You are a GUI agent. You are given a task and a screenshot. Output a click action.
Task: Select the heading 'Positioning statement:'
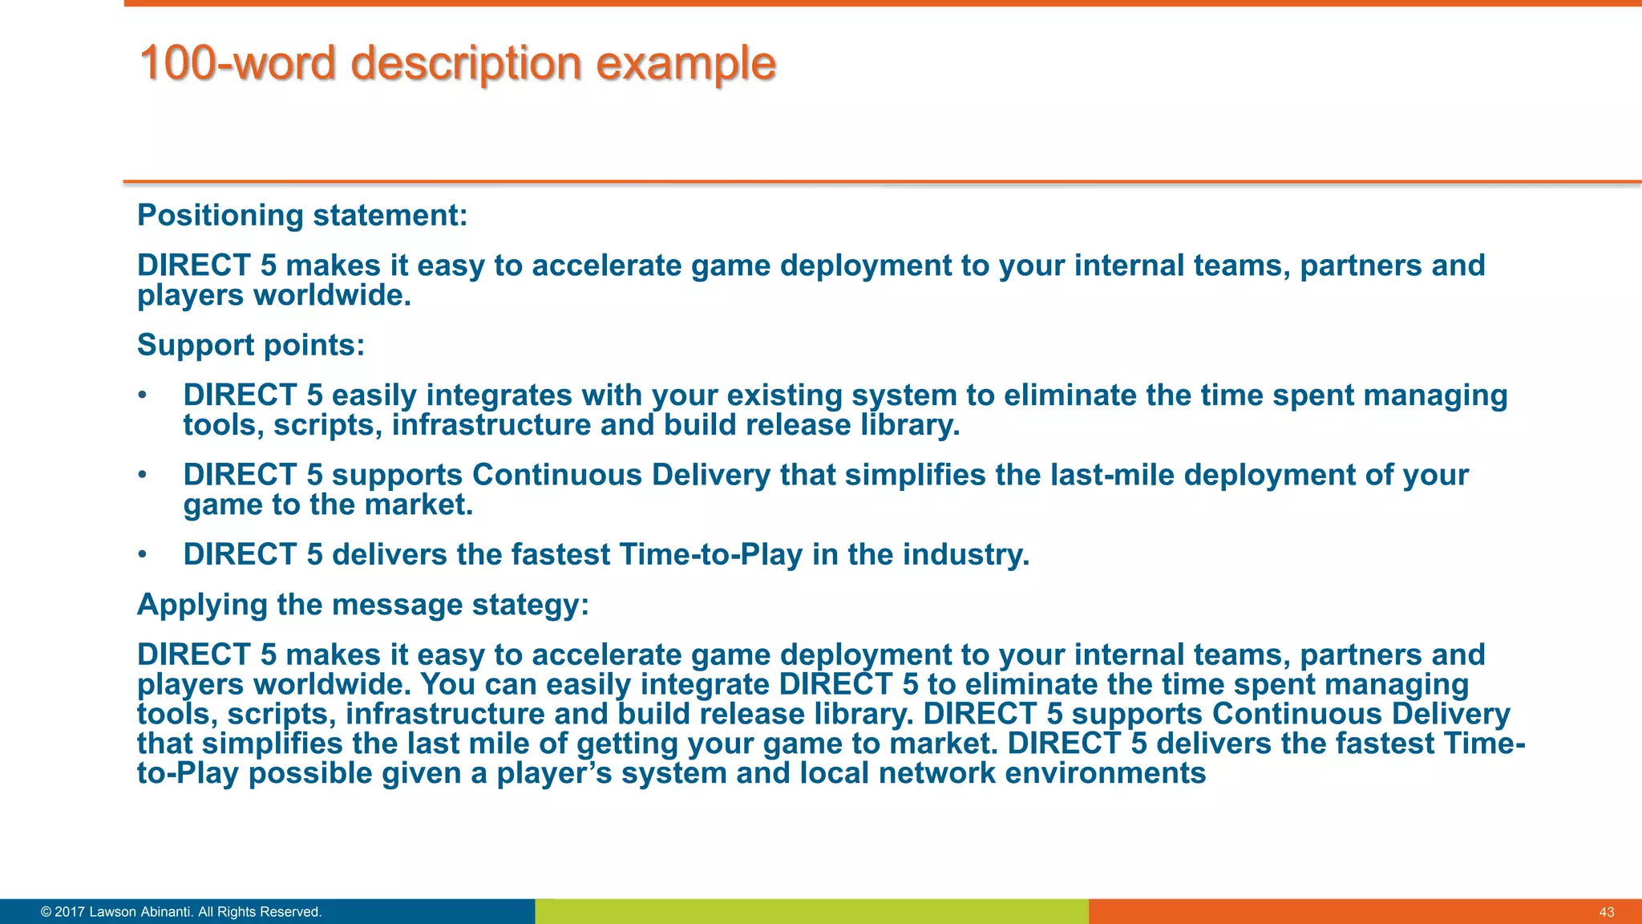[x=302, y=216]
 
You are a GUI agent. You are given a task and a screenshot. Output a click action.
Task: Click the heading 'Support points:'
[x=251, y=346]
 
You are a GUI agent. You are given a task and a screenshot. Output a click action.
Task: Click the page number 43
[x=1606, y=912]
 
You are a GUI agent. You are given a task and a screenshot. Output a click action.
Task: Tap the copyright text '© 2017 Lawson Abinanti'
[x=181, y=912]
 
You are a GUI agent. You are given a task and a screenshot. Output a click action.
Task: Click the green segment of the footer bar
[x=811, y=912]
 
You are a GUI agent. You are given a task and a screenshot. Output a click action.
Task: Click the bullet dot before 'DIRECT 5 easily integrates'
[x=142, y=395]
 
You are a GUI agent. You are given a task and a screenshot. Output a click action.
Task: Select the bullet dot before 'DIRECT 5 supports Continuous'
[x=142, y=475]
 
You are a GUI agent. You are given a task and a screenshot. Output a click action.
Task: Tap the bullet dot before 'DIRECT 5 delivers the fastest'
[x=142, y=555]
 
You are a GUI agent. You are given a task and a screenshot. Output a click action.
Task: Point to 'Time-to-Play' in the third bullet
[x=710, y=555]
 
